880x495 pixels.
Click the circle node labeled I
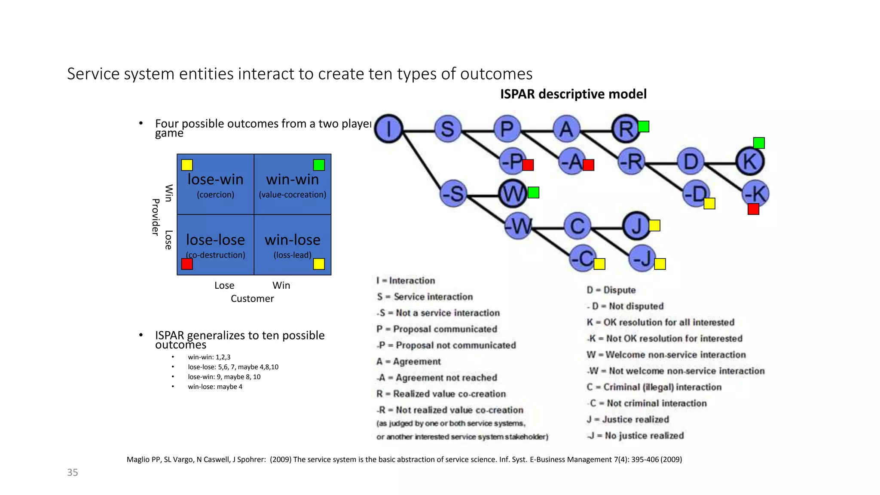click(x=388, y=128)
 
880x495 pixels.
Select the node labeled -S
click(x=454, y=194)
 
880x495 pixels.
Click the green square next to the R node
click(x=643, y=126)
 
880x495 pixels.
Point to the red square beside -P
click(x=528, y=165)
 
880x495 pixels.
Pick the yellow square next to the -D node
click(x=709, y=203)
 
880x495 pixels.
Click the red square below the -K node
click(x=753, y=209)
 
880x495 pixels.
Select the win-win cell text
click(x=292, y=180)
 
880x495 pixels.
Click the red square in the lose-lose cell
click(x=187, y=264)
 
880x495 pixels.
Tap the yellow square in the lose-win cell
click(x=187, y=165)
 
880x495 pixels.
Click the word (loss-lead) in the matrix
click(x=292, y=255)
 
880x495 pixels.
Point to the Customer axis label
click(x=252, y=299)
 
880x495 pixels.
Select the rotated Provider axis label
click(x=156, y=217)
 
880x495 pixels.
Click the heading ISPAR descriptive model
click(x=573, y=94)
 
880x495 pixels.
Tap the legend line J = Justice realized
click(x=628, y=419)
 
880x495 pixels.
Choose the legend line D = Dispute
click(x=611, y=290)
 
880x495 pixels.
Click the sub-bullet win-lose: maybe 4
click(x=215, y=387)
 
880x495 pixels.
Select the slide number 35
click(x=73, y=473)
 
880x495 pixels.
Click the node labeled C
click(x=577, y=226)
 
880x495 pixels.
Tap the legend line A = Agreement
click(x=409, y=362)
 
